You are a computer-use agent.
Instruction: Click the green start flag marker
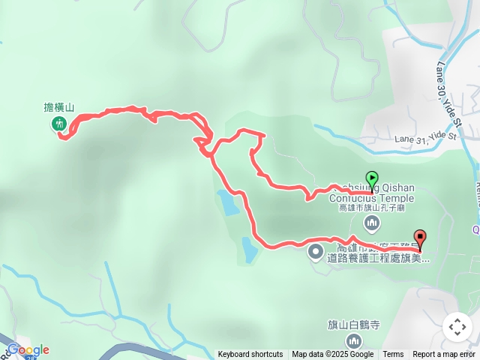tap(372, 179)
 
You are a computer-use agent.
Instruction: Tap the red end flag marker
tap(419, 239)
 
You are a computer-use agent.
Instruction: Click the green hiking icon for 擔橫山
tap(59, 124)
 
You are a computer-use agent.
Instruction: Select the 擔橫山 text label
tap(59, 108)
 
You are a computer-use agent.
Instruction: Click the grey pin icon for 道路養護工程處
tap(315, 251)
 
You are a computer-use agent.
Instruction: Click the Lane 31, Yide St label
tap(425, 137)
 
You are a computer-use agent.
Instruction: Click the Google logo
tap(28, 349)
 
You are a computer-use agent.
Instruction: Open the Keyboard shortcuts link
tap(250, 355)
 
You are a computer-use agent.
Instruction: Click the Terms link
tap(393, 355)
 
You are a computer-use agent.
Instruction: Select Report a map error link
tap(444, 355)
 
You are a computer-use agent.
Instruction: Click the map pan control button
tap(457, 327)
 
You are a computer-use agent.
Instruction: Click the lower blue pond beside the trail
tap(248, 250)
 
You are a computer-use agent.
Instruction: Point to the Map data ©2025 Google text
tap(333, 355)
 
